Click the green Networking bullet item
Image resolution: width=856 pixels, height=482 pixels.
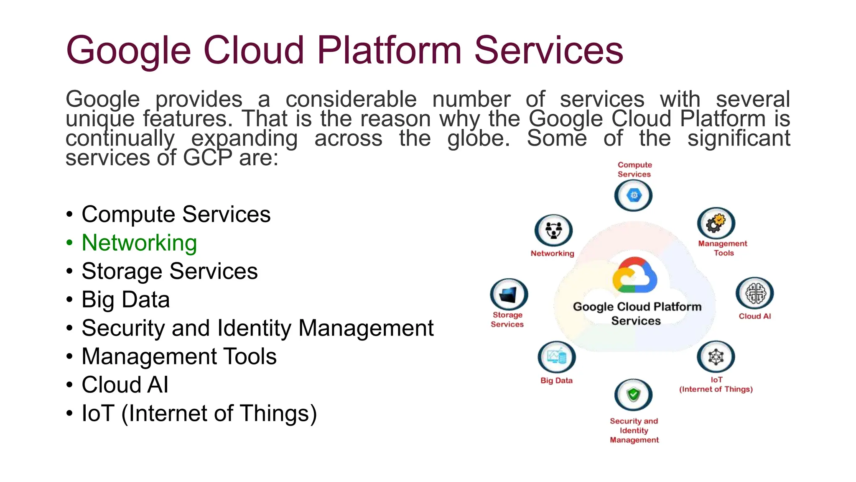pyautogui.click(x=139, y=243)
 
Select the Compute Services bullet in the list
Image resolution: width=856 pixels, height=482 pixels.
pyautogui.click(x=176, y=215)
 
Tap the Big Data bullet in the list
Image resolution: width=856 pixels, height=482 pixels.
pyautogui.click(x=125, y=300)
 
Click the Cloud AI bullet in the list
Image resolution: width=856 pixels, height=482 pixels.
pyautogui.click(x=125, y=385)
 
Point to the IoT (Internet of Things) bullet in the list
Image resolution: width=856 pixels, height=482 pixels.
pyautogui.click(x=199, y=413)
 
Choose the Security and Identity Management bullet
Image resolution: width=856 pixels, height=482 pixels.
pyautogui.click(x=257, y=328)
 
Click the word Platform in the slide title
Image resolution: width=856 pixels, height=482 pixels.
pyautogui.click(x=389, y=50)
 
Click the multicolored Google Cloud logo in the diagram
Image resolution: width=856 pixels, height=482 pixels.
pyautogui.click(x=634, y=275)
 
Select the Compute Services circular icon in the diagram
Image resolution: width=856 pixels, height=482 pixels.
pyautogui.click(x=634, y=195)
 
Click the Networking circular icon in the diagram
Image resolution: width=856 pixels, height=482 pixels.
pyautogui.click(x=554, y=230)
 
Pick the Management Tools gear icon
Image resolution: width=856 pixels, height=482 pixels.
pyautogui.click(x=716, y=223)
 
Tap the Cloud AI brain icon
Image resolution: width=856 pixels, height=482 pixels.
pyautogui.click(x=755, y=293)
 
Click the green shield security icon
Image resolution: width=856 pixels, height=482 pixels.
pyautogui.click(x=634, y=395)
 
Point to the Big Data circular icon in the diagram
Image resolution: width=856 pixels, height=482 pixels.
pyautogui.click(x=557, y=357)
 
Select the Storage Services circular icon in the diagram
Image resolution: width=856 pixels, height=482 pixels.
pyautogui.click(x=509, y=294)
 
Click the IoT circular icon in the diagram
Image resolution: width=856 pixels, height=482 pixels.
pyautogui.click(x=716, y=356)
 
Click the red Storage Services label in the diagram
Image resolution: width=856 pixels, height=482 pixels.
pyautogui.click(x=507, y=320)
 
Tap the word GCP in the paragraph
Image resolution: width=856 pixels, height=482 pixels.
pyautogui.click(x=207, y=158)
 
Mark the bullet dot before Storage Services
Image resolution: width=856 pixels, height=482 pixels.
pyautogui.click(x=69, y=272)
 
